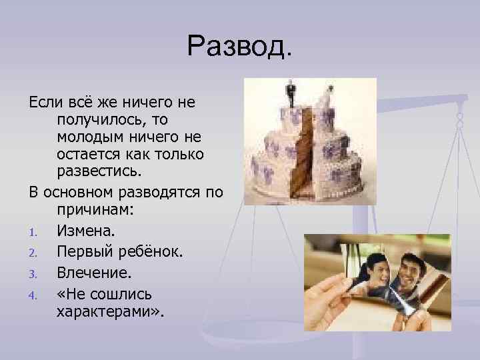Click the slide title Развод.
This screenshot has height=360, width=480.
(x=239, y=46)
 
